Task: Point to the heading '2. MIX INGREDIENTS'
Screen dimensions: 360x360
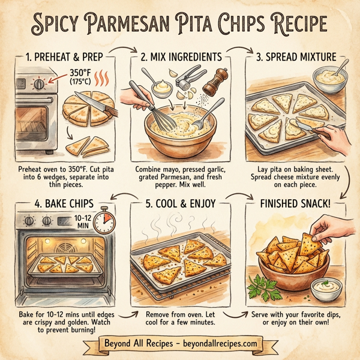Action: pos(182,58)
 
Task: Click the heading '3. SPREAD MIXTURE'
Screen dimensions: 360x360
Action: pos(297,58)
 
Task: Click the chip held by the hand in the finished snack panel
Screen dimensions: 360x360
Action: pos(310,243)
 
